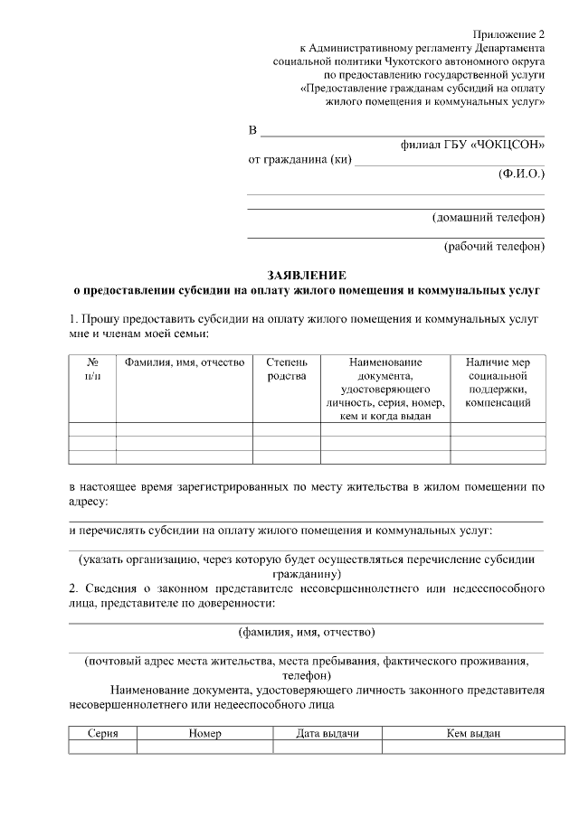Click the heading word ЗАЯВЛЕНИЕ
pyautogui.click(x=306, y=274)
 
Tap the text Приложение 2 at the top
pyautogui.click(x=508, y=33)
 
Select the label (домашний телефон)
pyautogui.click(x=489, y=218)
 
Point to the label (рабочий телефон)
pyautogui.click(x=494, y=245)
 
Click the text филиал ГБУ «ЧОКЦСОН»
pyautogui.click(x=472, y=145)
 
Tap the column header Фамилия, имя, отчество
pyautogui.click(x=185, y=362)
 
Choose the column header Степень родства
pyautogui.click(x=287, y=369)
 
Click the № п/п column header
pyautogui.click(x=92, y=369)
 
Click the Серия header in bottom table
pyautogui.click(x=103, y=733)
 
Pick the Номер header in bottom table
pyautogui.click(x=205, y=733)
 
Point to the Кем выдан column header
pyautogui.click(x=473, y=733)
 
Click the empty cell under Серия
pyautogui.click(x=103, y=747)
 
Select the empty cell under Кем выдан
pyautogui.click(x=473, y=747)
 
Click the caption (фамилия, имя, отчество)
pyautogui.click(x=307, y=632)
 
